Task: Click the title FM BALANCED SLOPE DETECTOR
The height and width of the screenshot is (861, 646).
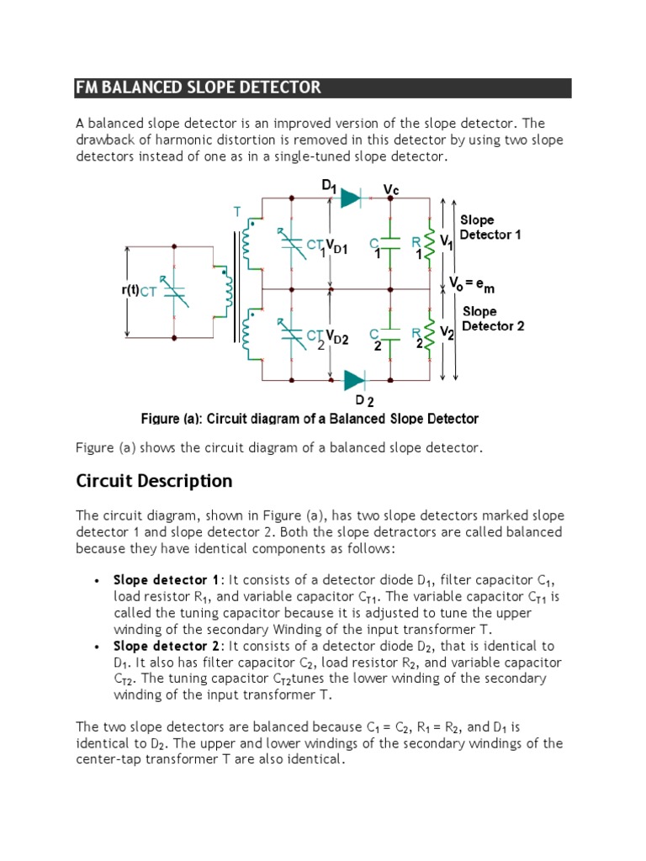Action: pyautogui.click(x=199, y=87)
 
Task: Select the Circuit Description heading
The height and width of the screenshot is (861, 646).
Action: pyautogui.click(x=154, y=481)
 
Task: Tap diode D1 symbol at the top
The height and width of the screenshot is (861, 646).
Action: pyautogui.click(x=350, y=198)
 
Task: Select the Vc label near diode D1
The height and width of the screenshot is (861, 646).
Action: pyautogui.click(x=391, y=190)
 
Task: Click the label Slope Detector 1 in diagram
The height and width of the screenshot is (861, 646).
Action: pyautogui.click(x=490, y=227)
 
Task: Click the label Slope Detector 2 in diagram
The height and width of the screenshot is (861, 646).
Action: pyautogui.click(x=492, y=319)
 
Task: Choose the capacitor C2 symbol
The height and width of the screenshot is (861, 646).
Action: pyautogui.click(x=389, y=334)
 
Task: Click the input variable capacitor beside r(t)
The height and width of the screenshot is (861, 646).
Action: pyautogui.click(x=174, y=292)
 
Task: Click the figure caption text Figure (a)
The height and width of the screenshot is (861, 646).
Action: pyautogui.click(x=309, y=419)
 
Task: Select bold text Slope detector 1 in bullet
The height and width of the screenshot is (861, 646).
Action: pyautogui.click(x=166, y=580)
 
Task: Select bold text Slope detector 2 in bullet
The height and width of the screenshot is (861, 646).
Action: pyautogui.click(x=167, y=646)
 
